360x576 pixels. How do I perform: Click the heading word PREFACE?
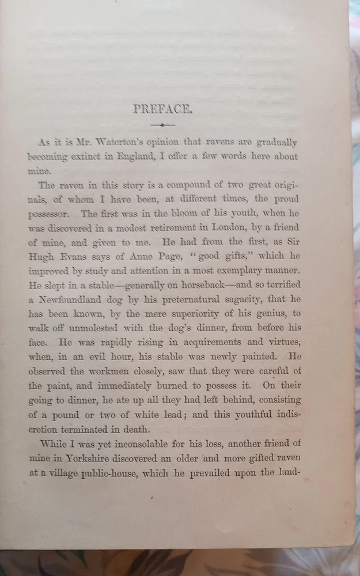click(x=161, y=109)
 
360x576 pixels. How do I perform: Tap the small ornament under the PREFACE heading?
click(x=162, y=124)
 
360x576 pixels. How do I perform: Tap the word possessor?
click(x=50, y=214)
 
